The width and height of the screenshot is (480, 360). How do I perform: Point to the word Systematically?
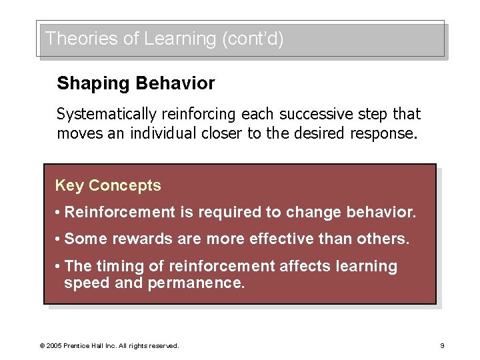click(106, 114)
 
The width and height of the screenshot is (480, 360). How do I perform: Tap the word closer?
click(221, 133)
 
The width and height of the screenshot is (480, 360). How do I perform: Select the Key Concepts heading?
click(108, 185)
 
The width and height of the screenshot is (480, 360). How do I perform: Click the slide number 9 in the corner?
click(442, 346)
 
